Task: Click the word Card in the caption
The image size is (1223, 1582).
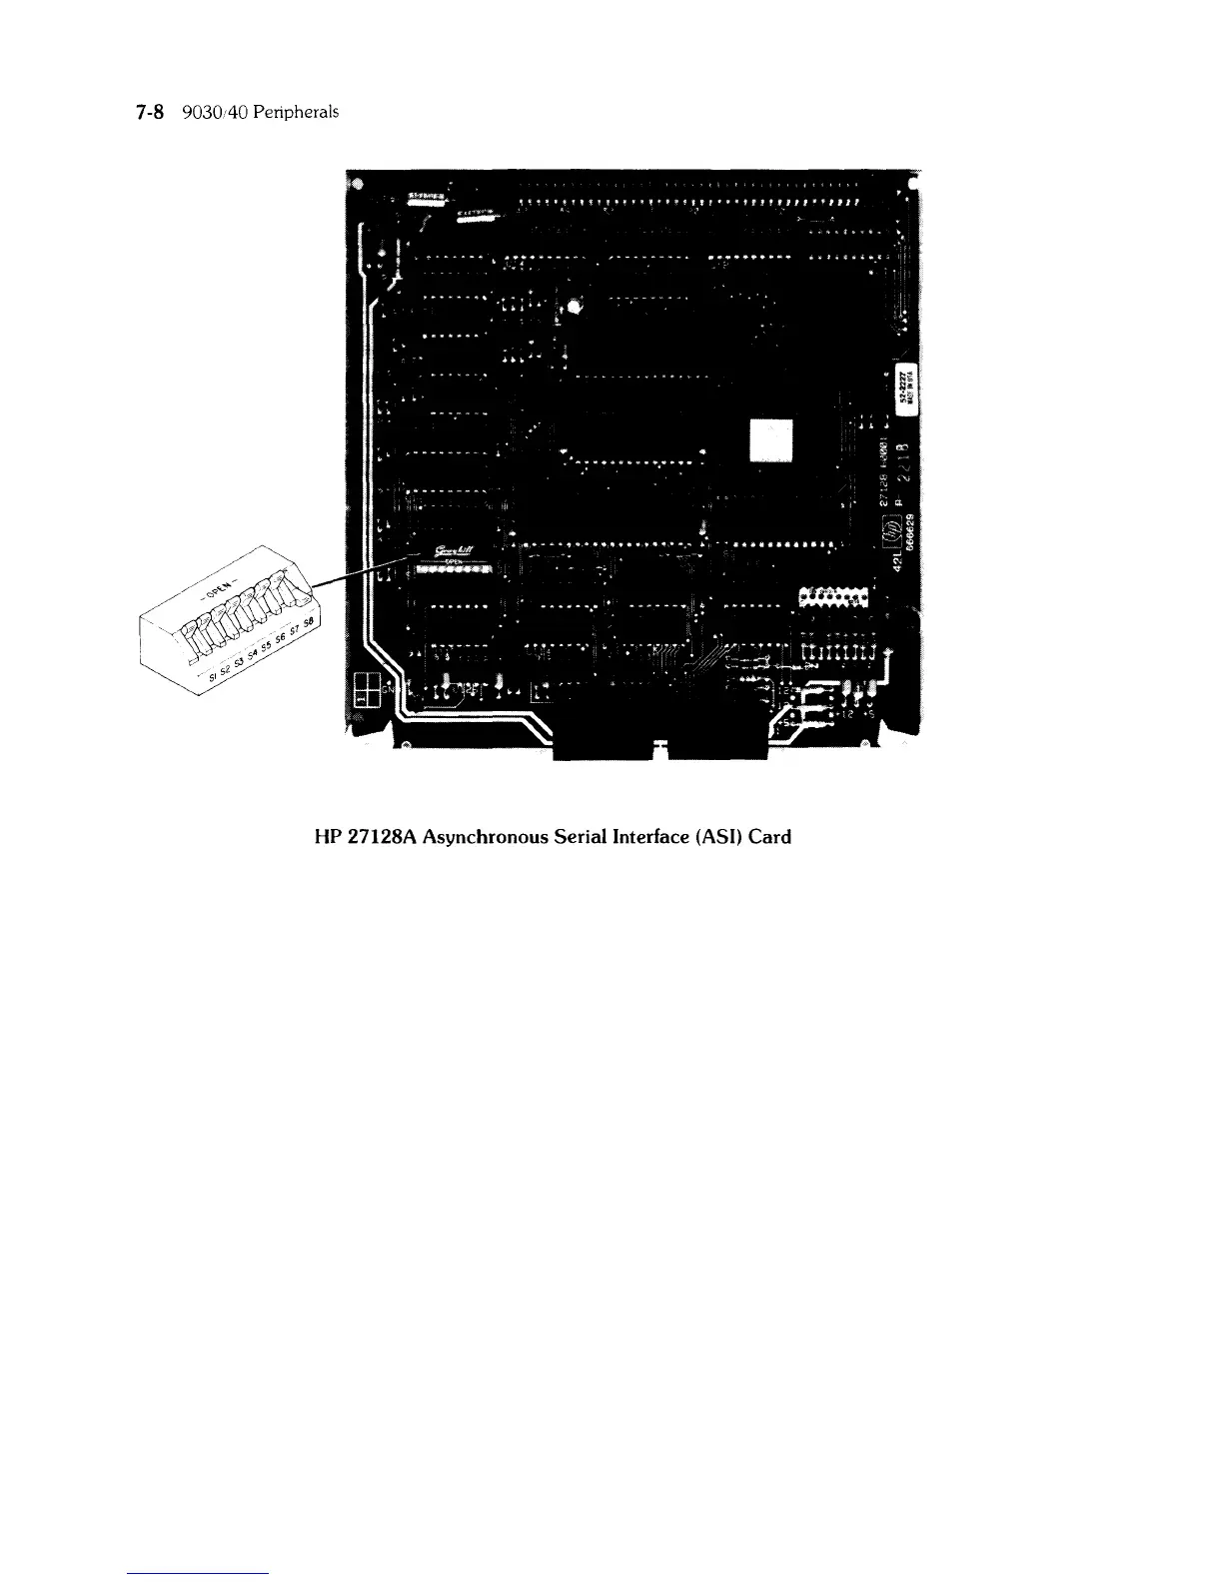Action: pyautogui.click(x=770, y=837)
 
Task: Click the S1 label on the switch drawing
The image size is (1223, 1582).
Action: pyautogui.click(x=201, y=679)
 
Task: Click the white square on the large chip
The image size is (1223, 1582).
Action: pyautogui.click(x=770, y=438)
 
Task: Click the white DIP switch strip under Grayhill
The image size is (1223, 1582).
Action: pyautogui.click(x=455, y=569)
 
